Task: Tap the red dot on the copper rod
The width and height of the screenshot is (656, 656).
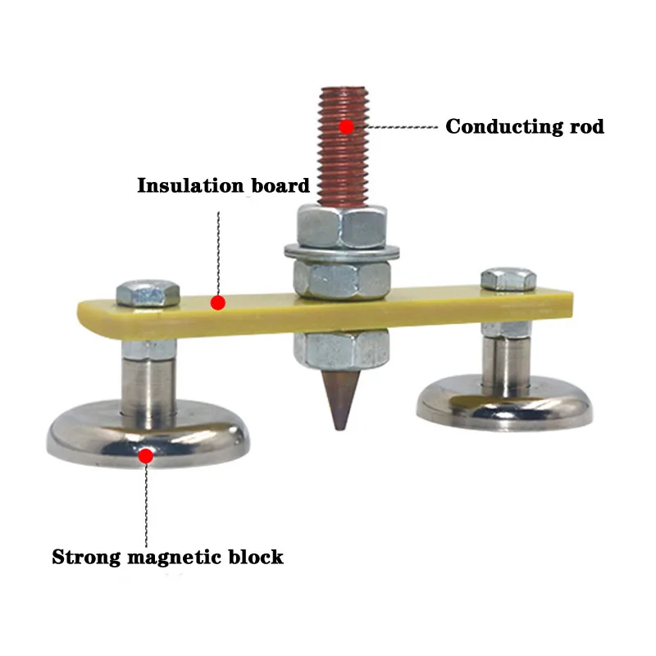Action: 347,127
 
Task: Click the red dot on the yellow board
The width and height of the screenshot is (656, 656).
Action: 217,303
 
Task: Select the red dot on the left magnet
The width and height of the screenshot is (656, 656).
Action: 147,454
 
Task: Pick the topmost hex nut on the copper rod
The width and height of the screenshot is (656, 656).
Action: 339,225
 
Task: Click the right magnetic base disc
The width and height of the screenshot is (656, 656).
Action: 503,401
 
